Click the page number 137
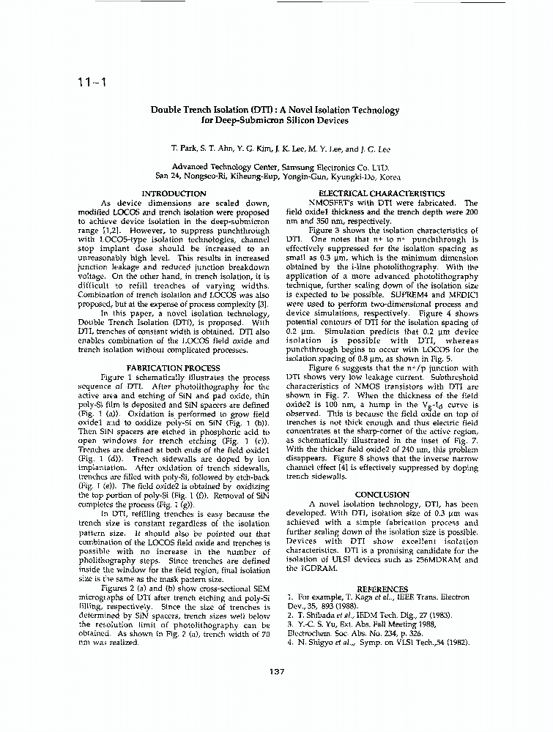276,672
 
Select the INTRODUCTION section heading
173,193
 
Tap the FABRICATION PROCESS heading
173,367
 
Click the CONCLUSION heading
381,495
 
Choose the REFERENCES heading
382,589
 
